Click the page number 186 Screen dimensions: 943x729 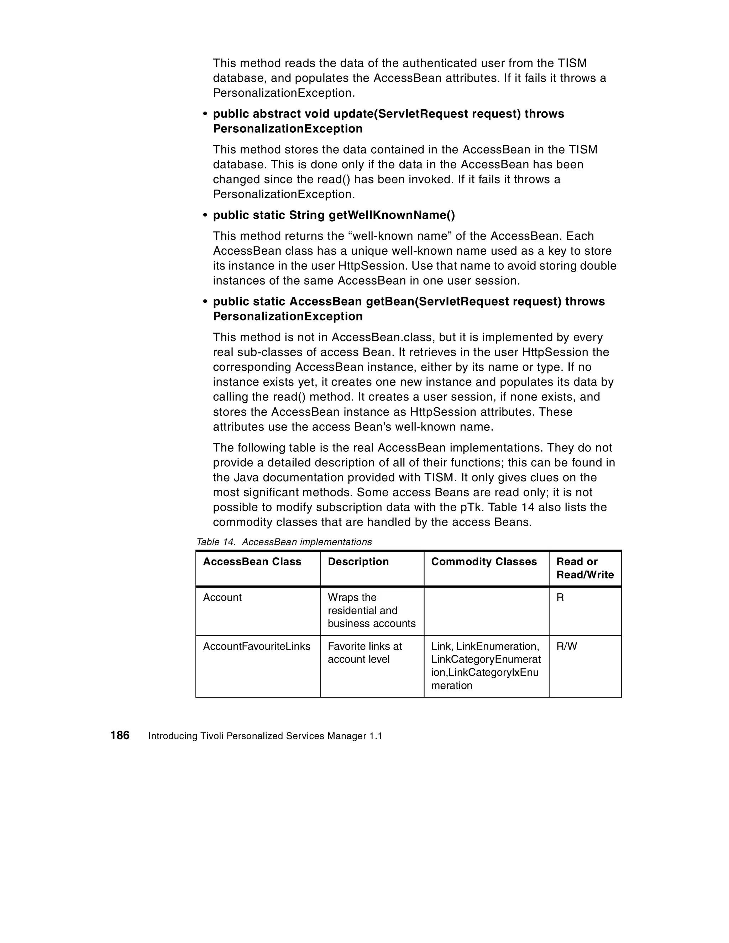coord(120,735)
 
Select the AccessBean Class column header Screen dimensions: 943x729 coord(252,561)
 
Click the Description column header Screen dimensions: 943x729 coord(358,561)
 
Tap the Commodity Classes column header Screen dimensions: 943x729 coord(483,561)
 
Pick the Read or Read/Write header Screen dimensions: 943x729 coord(585,568)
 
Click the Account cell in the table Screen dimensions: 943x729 coord(222,598)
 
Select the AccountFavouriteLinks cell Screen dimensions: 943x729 coord(257,646)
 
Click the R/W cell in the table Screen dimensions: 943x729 coord(567,646)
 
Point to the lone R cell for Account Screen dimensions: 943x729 coord(560,598)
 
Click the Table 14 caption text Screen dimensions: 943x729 coord(284,542)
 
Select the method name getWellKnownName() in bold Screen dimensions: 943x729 coord(392,215)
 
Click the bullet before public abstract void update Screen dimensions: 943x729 coord(205,114)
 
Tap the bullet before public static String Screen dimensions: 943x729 coord(205,215)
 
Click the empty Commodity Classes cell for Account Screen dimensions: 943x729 coord(486,610)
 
